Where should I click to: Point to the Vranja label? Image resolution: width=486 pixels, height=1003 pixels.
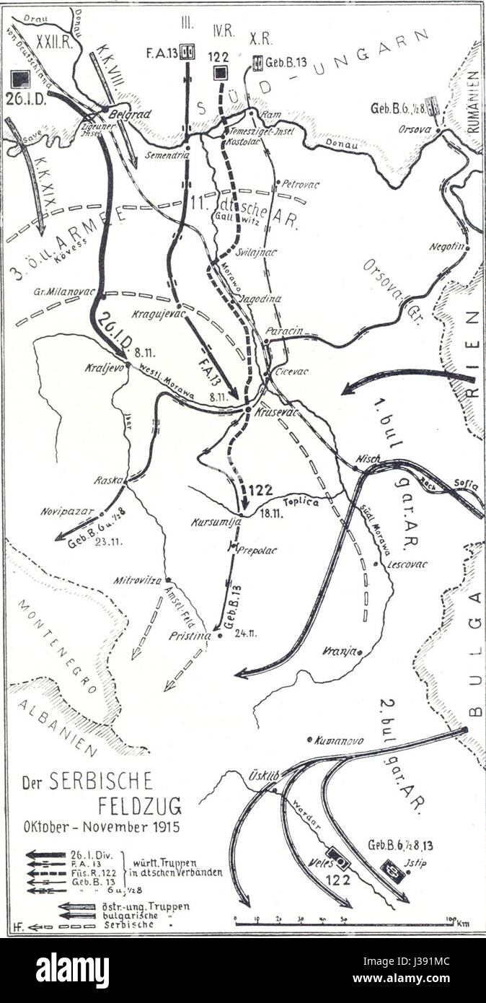coord(340,652)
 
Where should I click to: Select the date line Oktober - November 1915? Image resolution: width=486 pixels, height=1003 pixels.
coord(100,824)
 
